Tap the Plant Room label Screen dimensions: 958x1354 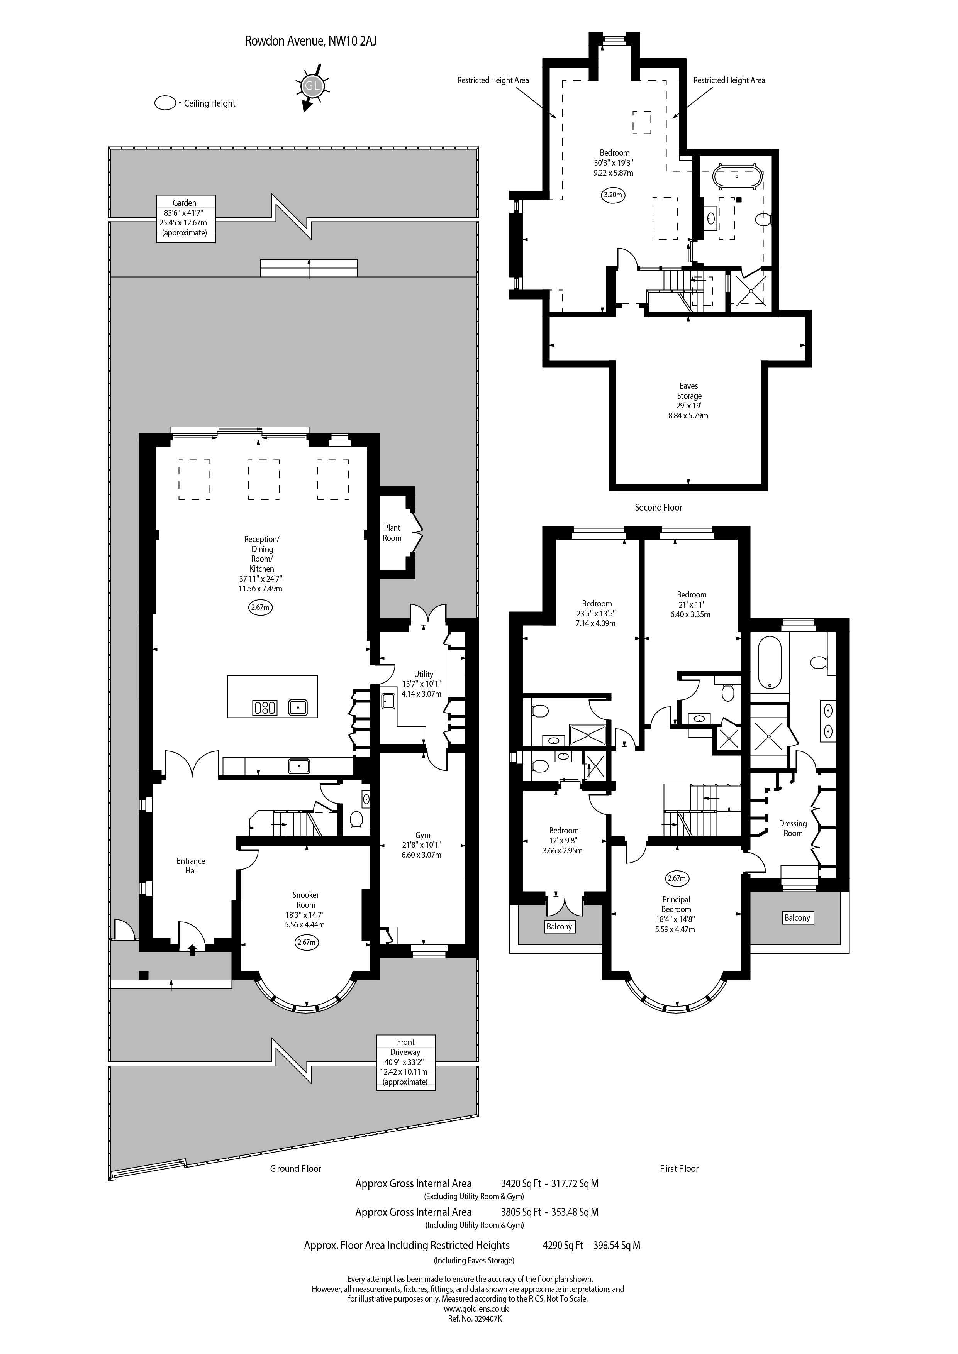pos(392,533)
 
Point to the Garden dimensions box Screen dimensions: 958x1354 pos(185,218)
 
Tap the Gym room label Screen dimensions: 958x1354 pos(423,835)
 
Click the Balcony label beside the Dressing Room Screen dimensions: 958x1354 pos(797,917)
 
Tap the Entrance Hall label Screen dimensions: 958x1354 pos(191,866)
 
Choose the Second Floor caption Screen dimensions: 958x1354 pos(658,507)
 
